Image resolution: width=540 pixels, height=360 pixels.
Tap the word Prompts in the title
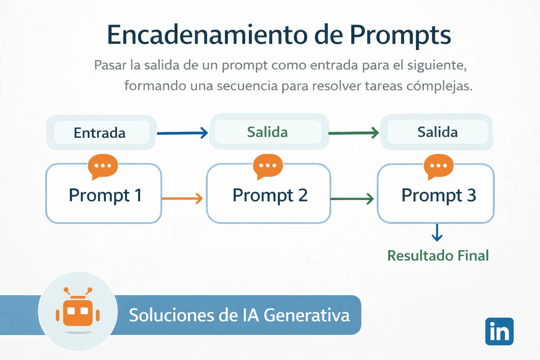(400, 35)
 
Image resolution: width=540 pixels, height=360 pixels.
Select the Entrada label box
(101, 133)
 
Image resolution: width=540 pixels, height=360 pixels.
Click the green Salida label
(268, 132)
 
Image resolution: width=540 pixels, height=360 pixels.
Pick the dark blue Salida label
(437, 132)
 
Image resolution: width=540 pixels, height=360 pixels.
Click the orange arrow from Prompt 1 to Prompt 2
(182, 199)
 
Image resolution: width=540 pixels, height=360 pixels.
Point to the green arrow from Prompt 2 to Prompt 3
(352, 199)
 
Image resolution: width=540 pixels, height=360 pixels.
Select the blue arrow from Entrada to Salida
(182, 133)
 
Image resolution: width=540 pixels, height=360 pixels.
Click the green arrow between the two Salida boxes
(354, 133)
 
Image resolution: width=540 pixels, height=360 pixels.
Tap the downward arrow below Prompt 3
(437, 233)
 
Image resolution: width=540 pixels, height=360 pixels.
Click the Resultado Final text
(438, 256)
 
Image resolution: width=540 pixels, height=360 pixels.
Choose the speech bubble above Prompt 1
(103, 166)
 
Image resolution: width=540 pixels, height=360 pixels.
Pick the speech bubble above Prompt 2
(268, 166)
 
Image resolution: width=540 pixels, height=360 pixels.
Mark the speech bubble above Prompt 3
(438, 166)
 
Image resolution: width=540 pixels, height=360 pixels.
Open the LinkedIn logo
(499, 332)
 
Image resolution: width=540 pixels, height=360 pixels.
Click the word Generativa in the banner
(307, 315)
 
